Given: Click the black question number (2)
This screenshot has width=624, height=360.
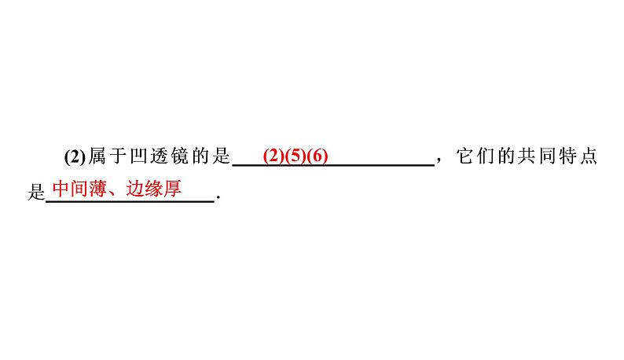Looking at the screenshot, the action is [75, 156].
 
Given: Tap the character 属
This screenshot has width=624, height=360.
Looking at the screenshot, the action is [97, 156].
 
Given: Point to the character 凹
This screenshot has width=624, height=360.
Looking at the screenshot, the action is [138, 156].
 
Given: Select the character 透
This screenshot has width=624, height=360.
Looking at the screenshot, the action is [160, 156].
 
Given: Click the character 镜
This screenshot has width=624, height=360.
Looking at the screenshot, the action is [180, 156].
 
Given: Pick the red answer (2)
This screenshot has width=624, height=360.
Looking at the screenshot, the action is [273, 156].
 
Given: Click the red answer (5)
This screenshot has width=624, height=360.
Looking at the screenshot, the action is [295, 156].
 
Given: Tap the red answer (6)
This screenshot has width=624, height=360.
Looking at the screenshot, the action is [318, 156].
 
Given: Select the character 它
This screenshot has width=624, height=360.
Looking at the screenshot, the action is [464, 156].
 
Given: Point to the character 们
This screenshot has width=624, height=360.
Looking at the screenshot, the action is [486, 156].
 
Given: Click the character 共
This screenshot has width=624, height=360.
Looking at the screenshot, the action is [527, 156].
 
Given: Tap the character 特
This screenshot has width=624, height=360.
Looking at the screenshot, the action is [568, 156].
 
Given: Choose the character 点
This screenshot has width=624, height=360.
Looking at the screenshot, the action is [589, 156].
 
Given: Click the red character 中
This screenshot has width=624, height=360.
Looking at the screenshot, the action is [61, 189].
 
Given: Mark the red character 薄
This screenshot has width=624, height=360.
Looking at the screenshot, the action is [98, 189].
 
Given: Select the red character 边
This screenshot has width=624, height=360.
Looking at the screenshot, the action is [135, 189].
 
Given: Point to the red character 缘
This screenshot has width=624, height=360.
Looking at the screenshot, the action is [153, 189].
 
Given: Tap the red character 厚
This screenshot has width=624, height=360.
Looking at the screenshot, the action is [172, 189].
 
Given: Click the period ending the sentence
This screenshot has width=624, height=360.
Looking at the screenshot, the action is [218, 197].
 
